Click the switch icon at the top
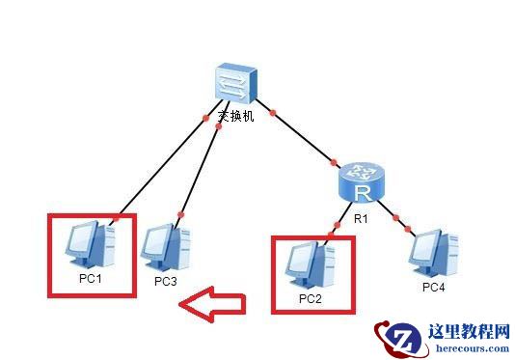[233, 85]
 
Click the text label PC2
[310, 298]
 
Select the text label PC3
[165, 281]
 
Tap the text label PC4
[433, 287]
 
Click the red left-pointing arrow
[213, 305]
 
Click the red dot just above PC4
[410, 229]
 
